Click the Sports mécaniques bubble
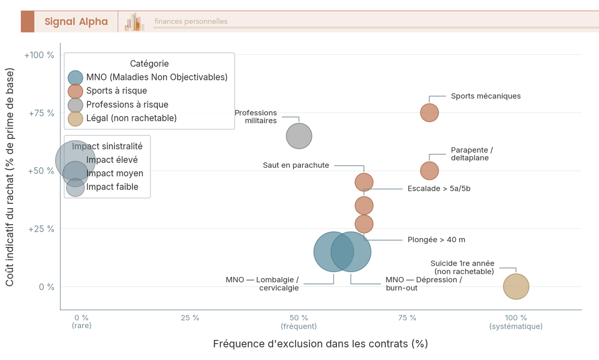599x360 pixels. pos(429,112)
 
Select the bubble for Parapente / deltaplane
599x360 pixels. pos(429,171)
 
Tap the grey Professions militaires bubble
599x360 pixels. pos(299,136)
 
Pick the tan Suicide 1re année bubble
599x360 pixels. pos(516,287)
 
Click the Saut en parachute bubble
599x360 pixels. pos(364,182)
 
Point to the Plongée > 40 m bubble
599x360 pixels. pos(364,224)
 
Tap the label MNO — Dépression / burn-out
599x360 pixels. pos(423,284)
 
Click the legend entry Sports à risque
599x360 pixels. pos(116,91)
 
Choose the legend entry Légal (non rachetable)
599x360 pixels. pos(131,118)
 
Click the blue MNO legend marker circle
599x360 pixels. pos(75,77)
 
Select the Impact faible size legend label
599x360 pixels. pos(112,187)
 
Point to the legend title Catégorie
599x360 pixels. pos(149,64)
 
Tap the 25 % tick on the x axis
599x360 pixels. pos(190,318)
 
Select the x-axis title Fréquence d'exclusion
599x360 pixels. pos(320,344)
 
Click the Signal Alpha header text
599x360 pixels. pos(76,21)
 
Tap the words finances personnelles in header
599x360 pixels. pos(191,21)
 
